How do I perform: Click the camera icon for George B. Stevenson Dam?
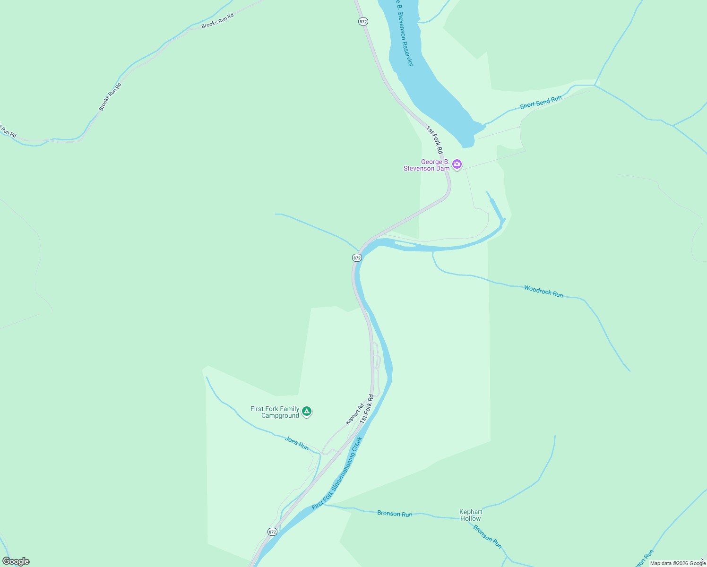[x=457, y=164]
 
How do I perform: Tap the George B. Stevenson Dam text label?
[x=426, y=165]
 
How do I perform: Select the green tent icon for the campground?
[x=307, y=412]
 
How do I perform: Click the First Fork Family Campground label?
[x=275, y=412]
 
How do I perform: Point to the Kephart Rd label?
[x=354, y=413]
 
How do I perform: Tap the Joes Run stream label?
[x=297, y=444]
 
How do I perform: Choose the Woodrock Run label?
[x=543, y=291]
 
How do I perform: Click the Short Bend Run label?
[x=541, y=102]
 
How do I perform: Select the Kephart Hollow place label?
[x=471, y=515]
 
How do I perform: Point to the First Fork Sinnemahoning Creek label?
[x=337, y=472]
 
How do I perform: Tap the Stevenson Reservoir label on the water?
[x=405, y=33]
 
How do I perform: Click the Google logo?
[x=16, y=561]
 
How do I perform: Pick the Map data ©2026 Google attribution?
[x=678, y=563]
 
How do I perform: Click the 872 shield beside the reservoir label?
[x=363, y=22]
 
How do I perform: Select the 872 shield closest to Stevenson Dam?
[x=357, y=258]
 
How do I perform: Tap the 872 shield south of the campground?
[x=272, y=532]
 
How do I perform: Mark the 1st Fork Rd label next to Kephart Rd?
[x=367, y=409]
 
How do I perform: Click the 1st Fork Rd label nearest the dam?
[x=434, y=140]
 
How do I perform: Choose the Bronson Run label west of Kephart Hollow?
[x=395, y=514]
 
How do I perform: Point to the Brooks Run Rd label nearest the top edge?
[x=217, y=21]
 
